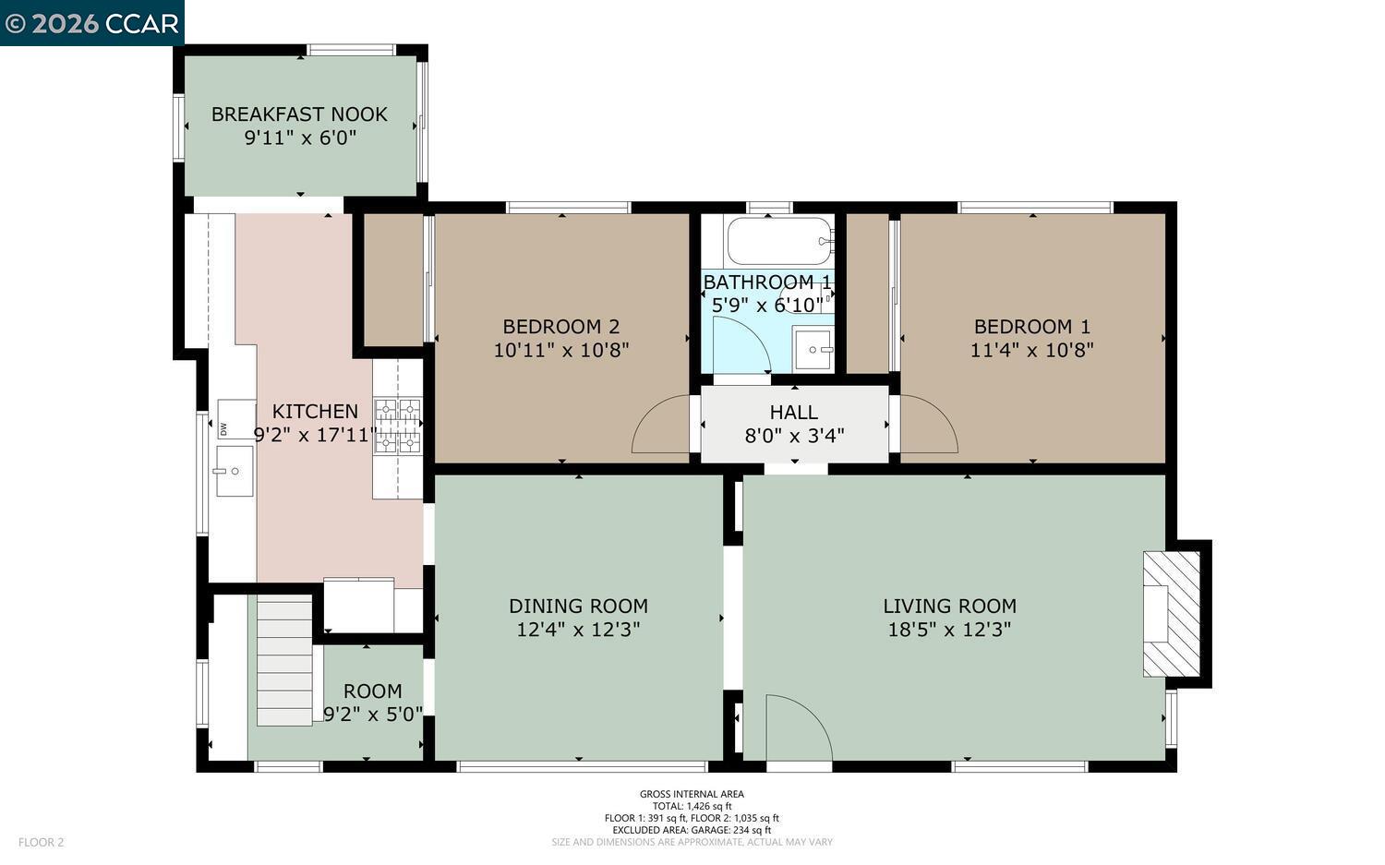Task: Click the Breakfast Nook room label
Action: point(299,114)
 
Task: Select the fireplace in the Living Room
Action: point(1172,614)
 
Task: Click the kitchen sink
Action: point(235,471)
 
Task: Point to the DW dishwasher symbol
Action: point(224,428)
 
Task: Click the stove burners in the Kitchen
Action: point(397,426)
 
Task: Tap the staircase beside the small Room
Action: point(284,660)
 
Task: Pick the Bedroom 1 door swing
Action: point(926,426)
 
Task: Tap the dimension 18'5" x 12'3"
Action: point(949,630)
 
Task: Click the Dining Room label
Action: point(578,606)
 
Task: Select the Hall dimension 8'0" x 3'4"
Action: point(794,436)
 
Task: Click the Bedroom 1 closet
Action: point(867,294)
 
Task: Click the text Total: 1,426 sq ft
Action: point(692,806)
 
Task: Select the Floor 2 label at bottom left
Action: point(42,842)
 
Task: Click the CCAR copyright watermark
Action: point(91,23)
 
